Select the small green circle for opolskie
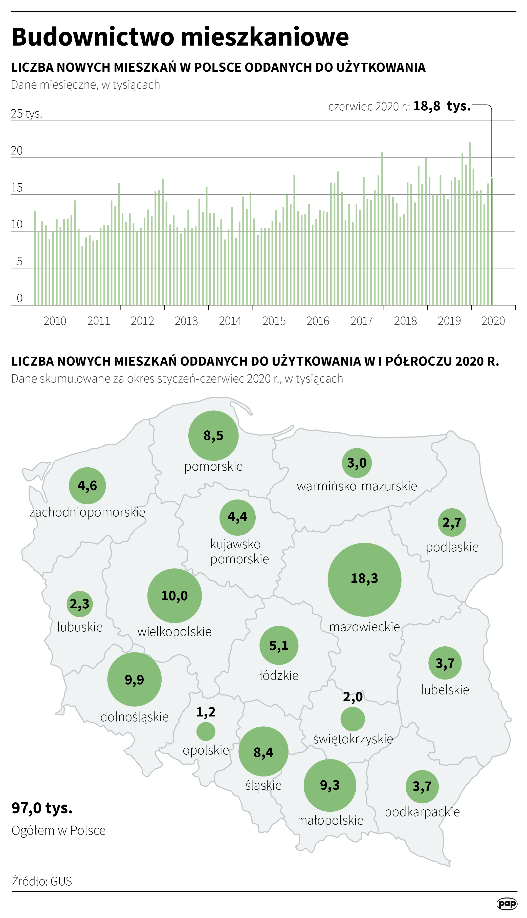point(206,731)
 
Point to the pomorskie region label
point(213,466)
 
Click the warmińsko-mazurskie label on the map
point(357,486)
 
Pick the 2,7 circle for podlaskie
point(452,522)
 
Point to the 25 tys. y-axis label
point(26,114)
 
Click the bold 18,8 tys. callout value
point(442,106)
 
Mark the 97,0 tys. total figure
point(42,808)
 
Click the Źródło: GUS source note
point(42,881)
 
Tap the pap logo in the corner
point(507,904)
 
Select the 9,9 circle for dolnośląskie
point(134,679)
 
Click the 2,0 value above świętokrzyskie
point(353,697)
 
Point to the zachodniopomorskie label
point(87,512)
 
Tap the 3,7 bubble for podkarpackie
point(422,787)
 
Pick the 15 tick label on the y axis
point(17,188)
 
